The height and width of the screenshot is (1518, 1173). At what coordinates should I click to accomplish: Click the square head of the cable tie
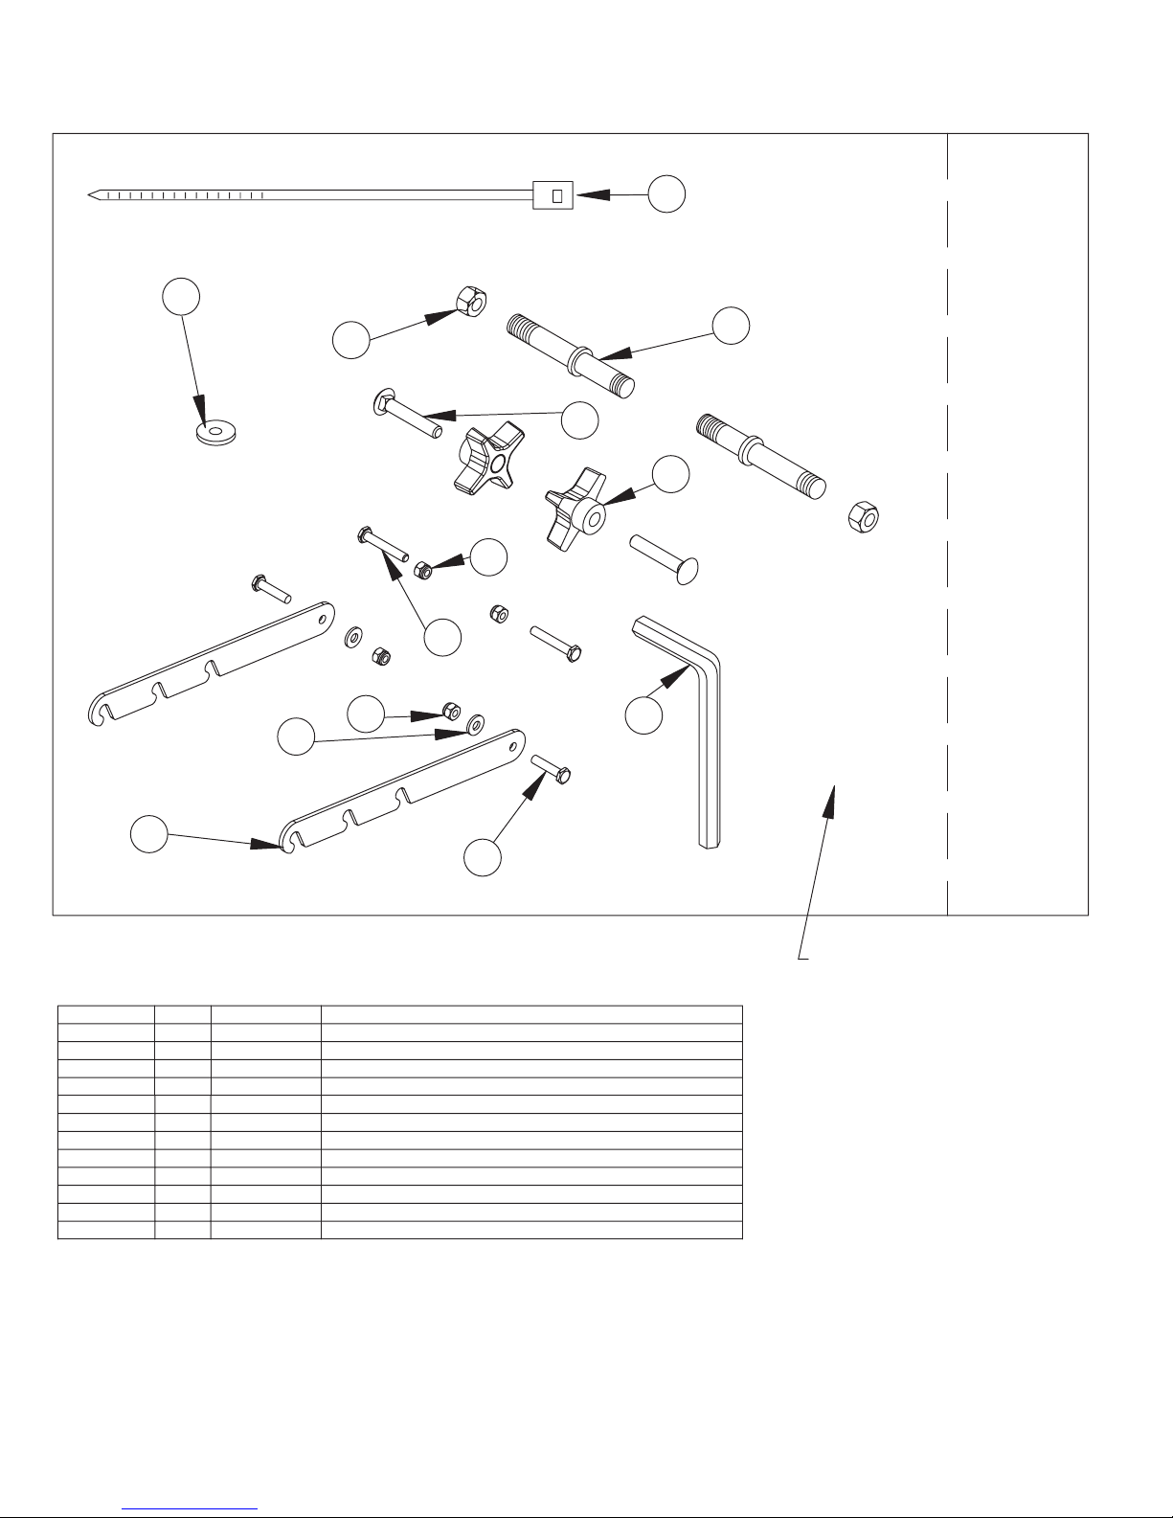tap(553, 195)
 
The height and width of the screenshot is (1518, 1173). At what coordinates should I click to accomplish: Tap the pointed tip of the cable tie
tap(91, 195)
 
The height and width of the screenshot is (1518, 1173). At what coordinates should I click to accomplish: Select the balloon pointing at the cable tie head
tap(666, 194)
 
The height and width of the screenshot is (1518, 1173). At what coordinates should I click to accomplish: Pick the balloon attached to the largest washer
tap(181, 297)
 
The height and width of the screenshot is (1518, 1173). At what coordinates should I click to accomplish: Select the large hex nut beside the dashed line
tap(865, 518)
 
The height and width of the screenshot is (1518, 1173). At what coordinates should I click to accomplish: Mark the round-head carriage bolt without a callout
tap(665, 555)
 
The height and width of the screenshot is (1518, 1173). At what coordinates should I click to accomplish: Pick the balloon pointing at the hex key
tap(643, 715)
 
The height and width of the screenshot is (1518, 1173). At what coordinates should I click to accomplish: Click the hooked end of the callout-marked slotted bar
tap(286, 840)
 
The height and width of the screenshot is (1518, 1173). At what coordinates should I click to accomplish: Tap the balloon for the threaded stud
tap(730, 326)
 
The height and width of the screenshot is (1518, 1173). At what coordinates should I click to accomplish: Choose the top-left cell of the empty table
tap(106, 1014)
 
